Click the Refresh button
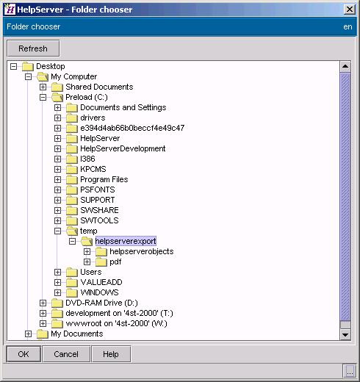pos(33,48)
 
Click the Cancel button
pos(66,354)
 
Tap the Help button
pos(111,354)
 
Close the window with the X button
pos(349,10)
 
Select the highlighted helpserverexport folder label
pos(126,241)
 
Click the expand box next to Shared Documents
pos(43,87)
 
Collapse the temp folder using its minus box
pos(57,231)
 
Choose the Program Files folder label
pos(104,179)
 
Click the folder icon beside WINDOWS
pos(72,292)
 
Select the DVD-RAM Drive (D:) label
pos(101,303)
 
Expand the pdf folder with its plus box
pos(87,262)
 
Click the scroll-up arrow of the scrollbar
pos(345,66)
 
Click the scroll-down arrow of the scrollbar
pos(345,334)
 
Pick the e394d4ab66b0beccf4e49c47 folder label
pos(132,128)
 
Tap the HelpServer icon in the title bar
pos(10,10)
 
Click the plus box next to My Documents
pos(28,334)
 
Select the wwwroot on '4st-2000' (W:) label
pos(116,323)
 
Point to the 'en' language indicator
pos(348,26)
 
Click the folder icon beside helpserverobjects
pos(101,251)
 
